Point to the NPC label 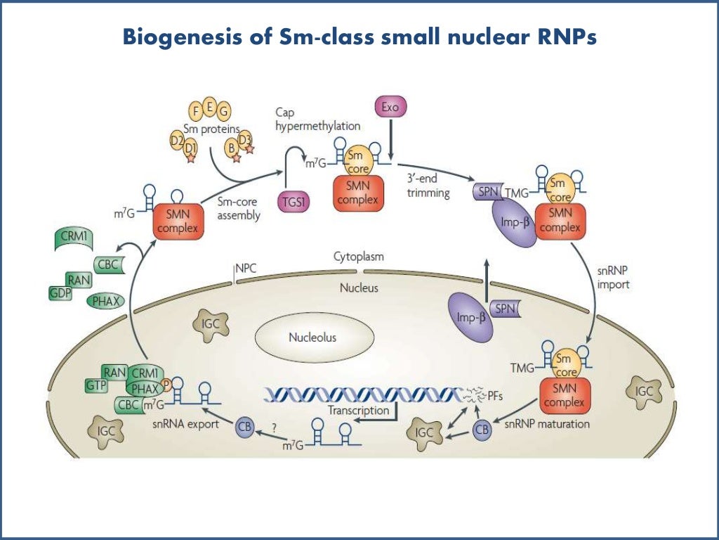click(246, 268)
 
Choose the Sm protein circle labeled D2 click(178, 141)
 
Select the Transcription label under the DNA click(358, 410)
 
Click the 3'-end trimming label click(428, 186)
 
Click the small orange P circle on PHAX click(166, 384)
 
